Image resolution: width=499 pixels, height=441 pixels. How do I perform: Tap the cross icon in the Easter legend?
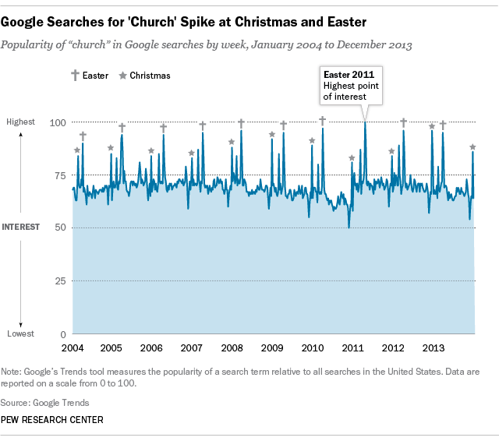click(x=75, y=76)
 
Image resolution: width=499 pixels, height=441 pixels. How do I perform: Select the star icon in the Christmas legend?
click(x=122, y=76)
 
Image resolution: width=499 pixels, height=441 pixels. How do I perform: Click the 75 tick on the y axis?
click(x=58, y=175)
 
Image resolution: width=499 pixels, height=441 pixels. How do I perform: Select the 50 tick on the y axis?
click(x=58, y=228)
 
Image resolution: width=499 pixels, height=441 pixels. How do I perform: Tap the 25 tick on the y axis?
click(x=58, y=280)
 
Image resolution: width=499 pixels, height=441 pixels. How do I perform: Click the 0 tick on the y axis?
click(x=62, y=333)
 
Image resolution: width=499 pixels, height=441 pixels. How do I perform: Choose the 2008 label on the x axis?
click(x=232, y=348)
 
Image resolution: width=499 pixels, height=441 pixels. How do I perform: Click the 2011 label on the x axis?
click(x=352, y=348)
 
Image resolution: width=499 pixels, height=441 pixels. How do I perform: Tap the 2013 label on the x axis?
click(x=433, y=348)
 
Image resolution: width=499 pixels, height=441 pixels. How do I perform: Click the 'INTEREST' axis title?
click(x=22, y=228)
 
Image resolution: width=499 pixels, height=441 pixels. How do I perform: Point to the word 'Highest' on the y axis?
click(x=21, y=122)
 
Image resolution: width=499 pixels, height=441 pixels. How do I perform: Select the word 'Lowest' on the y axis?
click(x=21, y=333)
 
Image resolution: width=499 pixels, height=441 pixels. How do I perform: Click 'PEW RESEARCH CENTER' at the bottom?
click(x=53, y=420)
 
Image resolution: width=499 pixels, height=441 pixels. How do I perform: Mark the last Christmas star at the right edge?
click(x=472, y=146)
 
